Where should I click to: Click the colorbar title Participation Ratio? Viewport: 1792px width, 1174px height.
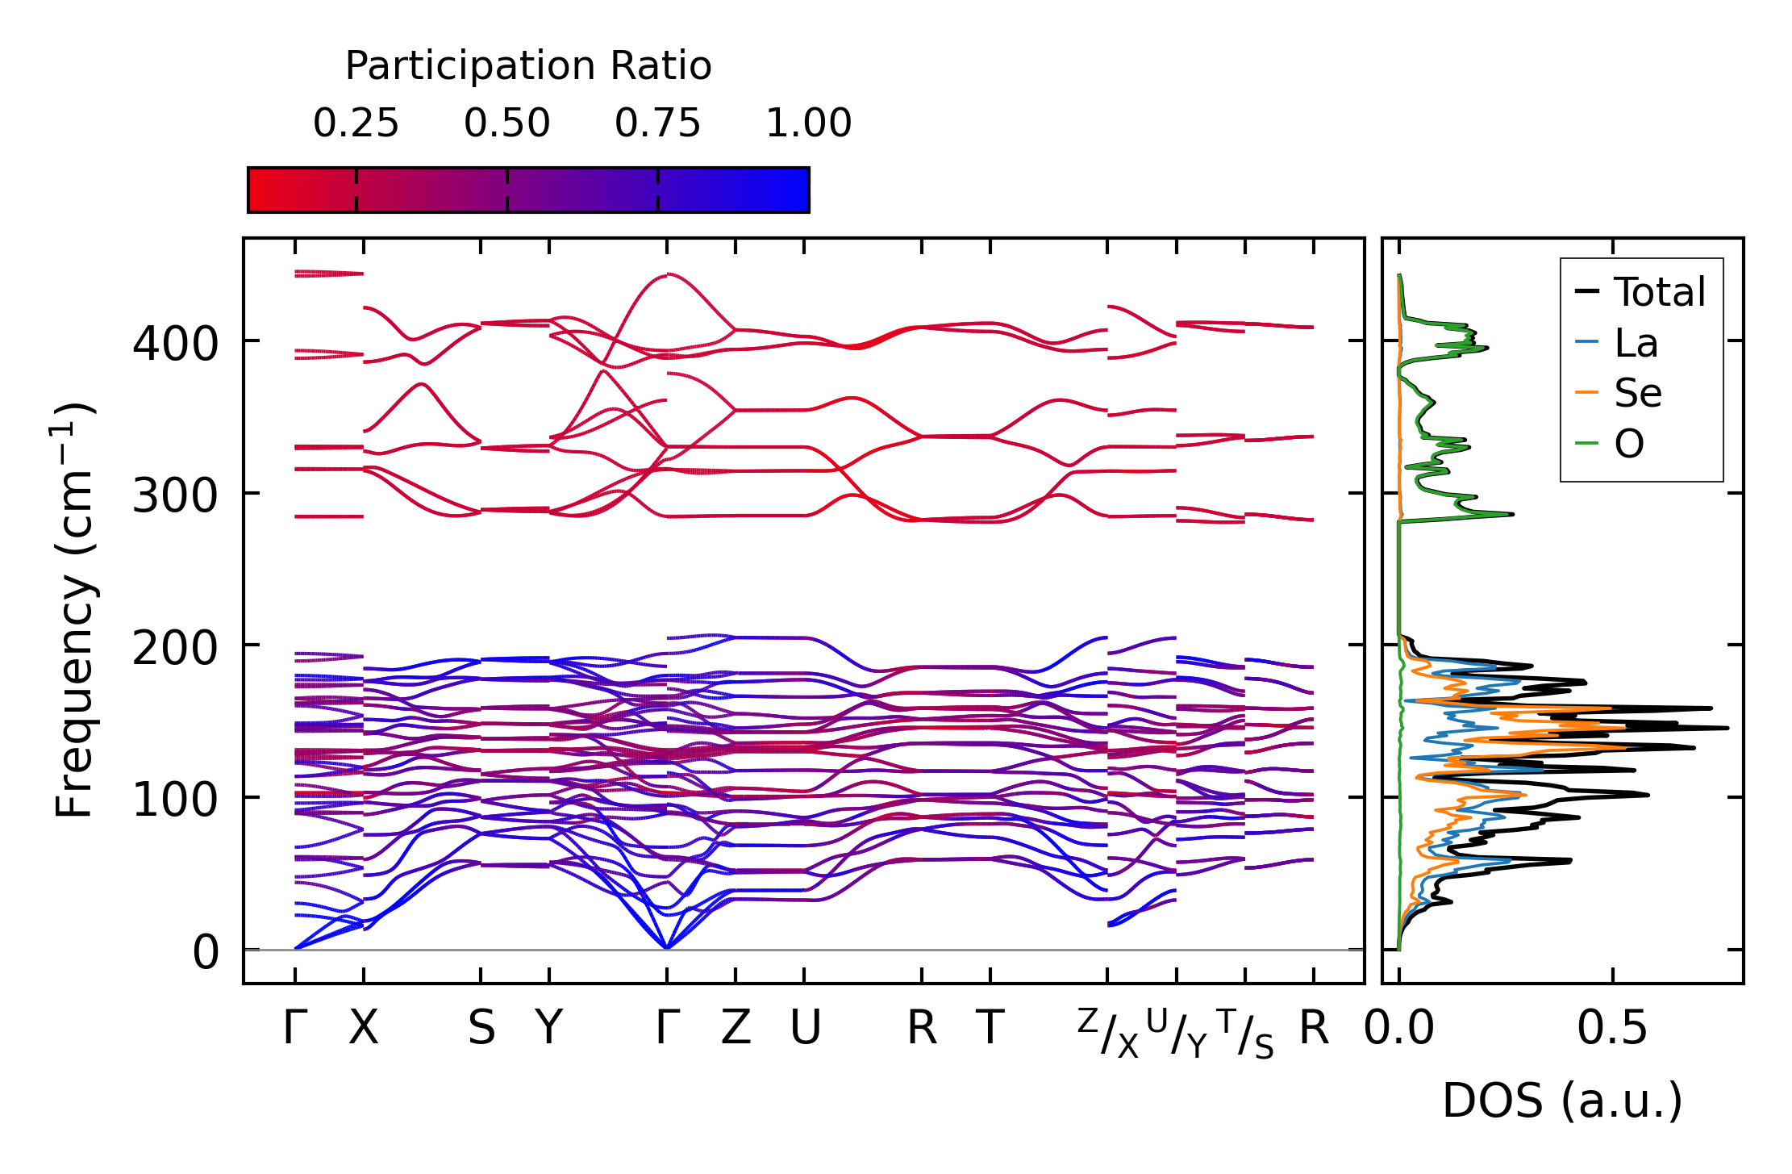pyautogui.click(x=528, y=66)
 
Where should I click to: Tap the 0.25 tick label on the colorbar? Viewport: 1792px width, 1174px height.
pyautogui.click(x=356, y=123)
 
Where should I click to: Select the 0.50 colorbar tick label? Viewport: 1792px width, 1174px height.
pyautogui.click(x=506, y=123)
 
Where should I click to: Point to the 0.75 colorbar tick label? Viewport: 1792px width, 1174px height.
pyautogui.click(x=657, y=123)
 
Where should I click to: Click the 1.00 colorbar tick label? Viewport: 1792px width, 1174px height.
pyautogui.click(x=808, y=123)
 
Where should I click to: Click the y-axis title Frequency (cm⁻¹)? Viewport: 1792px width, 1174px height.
pyautogui.click(x=74, y=610)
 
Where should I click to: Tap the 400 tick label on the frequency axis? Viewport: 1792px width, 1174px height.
pyautogui.click(x=175, y=344)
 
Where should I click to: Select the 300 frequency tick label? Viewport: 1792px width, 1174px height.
pyautogui.click(x=175, y=495)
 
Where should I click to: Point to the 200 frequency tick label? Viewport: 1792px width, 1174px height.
pyautogui.click(x=175, y=648)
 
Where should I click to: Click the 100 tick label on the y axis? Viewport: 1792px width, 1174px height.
pyautogui.click(x=175, y=800)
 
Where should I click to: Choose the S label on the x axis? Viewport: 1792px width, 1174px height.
pyautogui.click(x=481, y=1028)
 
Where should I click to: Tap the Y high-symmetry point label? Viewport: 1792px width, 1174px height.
pyautogui.click(x=549, y=1028)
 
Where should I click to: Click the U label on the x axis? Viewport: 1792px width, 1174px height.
pyautogui.click(x=805, y=1028)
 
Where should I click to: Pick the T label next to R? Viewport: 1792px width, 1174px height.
pyautogui.click(x=990, y=1028)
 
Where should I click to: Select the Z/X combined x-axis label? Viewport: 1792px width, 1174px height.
pyautogui.click(x=1108, y=1032)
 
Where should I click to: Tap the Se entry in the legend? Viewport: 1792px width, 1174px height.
pyautogui.click(x=1637, y=393)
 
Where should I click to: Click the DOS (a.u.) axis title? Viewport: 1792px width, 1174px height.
pyautogui.click(x=1562, y=1101)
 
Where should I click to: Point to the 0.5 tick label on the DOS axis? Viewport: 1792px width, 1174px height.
pyautogui.click(x=1612, y=1028)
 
